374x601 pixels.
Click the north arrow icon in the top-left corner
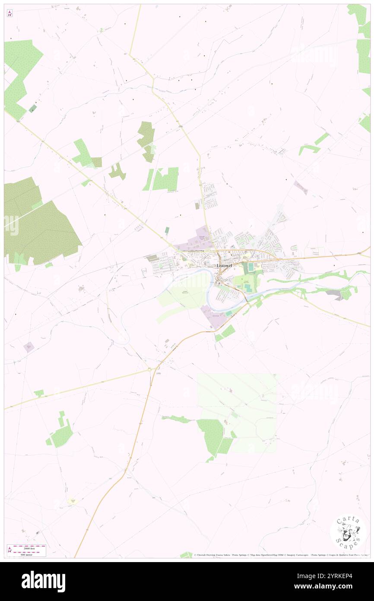tap(10, 13)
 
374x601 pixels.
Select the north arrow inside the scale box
tap(10, 550)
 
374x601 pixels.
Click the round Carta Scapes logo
tap(348, 533)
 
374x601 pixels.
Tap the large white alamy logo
tap(43, 582)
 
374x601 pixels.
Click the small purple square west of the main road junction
tap(29, 347)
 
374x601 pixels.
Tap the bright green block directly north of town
tap(166, 179)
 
